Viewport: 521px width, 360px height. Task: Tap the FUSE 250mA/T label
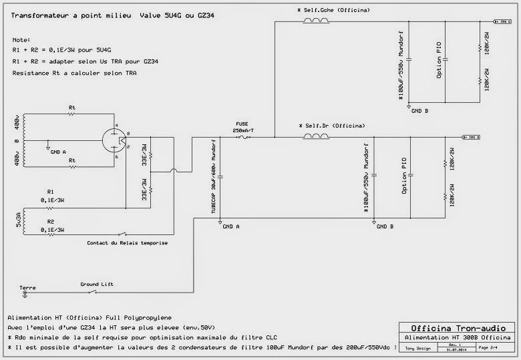click(242, 127)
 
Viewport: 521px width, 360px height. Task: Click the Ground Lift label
click(97, 284)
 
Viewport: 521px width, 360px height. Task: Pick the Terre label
click(27, 287)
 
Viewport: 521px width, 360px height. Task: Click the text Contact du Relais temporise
click(127, 243)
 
